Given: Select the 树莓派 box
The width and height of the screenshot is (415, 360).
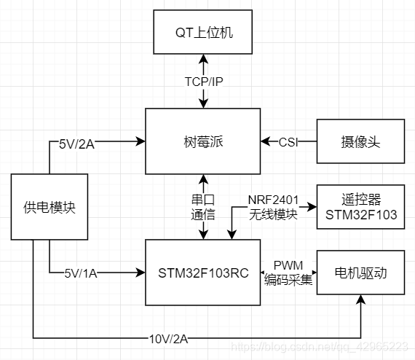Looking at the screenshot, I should tap(202, 141).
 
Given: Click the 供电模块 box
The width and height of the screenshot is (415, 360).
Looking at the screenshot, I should tap(49, 208).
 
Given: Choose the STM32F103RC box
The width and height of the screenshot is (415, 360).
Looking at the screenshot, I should tap(202, 273).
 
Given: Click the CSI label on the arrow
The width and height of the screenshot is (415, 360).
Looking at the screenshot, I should tap(288, 141).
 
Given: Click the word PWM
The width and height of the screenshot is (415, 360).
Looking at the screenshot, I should tap(288, 264).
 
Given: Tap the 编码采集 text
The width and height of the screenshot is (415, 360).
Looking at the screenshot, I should tap(288, 278).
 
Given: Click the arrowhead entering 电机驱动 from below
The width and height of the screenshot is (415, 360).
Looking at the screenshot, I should tap(361, 300).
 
